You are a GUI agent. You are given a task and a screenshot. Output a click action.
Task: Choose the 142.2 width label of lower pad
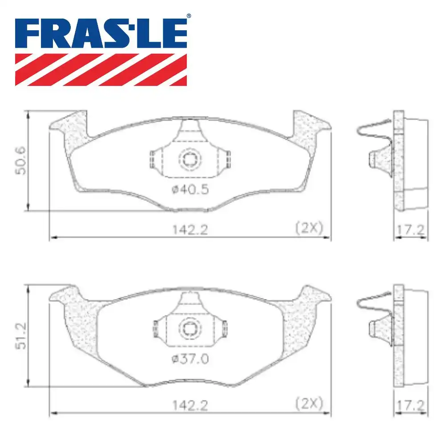click(x=190, y=405)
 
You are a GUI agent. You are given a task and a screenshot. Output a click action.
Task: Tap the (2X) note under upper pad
click(x=308, y=228)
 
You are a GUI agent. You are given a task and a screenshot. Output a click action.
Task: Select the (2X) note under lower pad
click(x=308, y=403)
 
